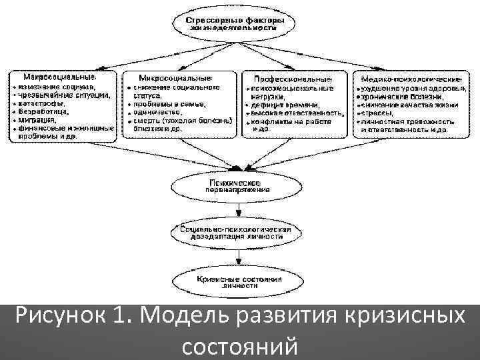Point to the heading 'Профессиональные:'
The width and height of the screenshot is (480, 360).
tap(294, 79)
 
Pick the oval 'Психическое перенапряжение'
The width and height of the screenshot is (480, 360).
tap(237, 185)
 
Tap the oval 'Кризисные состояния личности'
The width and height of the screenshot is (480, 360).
tap(237, 281)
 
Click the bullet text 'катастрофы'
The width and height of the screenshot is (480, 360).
tap(42, 104)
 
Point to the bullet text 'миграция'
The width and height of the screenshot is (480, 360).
tap(39, 120)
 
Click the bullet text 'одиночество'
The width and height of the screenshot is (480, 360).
tap(158, 112)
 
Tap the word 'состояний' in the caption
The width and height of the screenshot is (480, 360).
tap(238, 345)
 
